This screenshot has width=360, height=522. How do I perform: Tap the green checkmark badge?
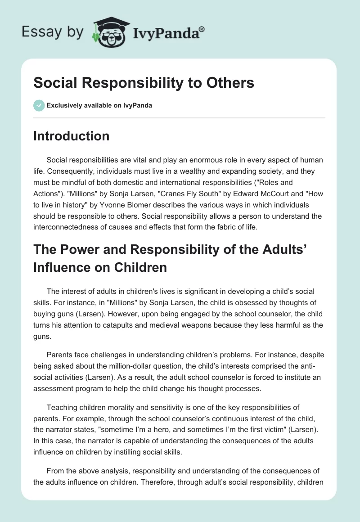39,105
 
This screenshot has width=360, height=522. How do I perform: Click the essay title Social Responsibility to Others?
144,83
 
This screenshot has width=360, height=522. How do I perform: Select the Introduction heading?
71,136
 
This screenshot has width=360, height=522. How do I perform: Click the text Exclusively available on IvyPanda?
99,106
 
